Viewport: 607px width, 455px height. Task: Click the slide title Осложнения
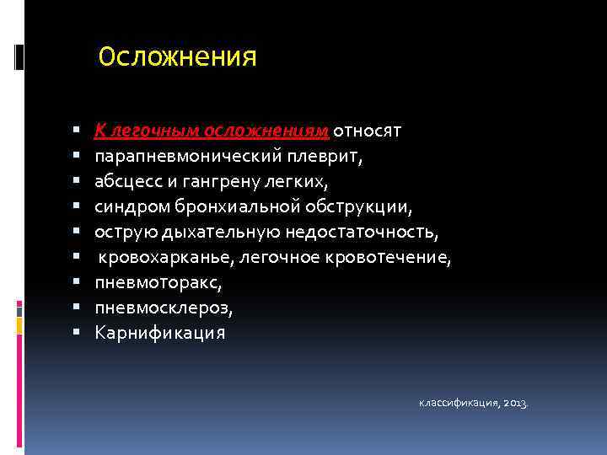(x=177, y=57)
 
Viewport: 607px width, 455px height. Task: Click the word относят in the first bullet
(x=368, y=131)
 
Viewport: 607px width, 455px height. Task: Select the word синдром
(x=132, y=206)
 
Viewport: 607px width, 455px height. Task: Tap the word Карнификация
(x=159, y=333)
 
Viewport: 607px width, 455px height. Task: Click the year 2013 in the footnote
(x=515, y=404)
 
